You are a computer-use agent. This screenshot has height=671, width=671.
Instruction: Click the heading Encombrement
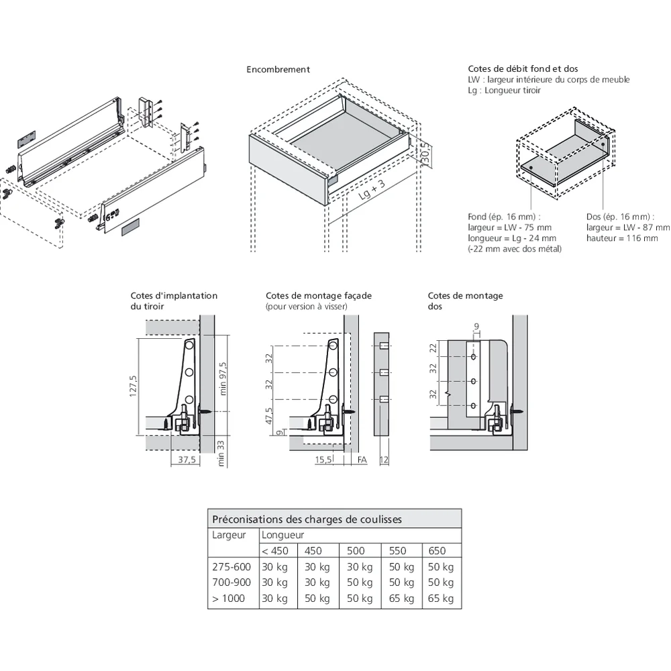pos(278,69)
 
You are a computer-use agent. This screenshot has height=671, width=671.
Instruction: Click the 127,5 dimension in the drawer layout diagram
pos(133,386)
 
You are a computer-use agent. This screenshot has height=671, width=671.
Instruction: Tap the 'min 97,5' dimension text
pos(223,378)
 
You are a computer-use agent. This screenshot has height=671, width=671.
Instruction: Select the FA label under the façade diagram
pos(362,460)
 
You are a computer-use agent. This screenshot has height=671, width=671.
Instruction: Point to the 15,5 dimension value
pos(324,460)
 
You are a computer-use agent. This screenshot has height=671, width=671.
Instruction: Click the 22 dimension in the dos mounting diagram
pos(433,348)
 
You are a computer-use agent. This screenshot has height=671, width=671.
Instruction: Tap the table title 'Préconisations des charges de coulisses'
pos(307,519)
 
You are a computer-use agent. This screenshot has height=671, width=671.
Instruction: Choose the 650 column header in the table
pos(437,551)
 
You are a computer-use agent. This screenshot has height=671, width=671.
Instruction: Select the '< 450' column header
pos(275,551)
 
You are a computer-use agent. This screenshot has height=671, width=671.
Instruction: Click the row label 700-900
pos(231,582)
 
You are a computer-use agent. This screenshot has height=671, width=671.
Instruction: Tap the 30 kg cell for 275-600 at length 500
pos(359,566)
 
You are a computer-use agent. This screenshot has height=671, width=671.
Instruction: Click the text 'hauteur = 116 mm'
pos(621,238)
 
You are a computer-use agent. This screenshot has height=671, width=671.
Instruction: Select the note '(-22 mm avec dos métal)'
pos(514,249)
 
